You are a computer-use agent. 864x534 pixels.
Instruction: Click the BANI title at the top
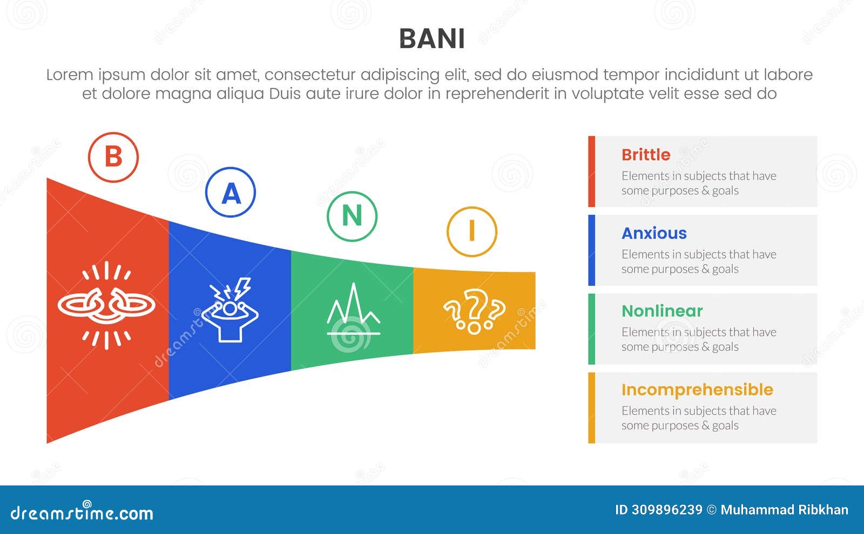click(431, 39)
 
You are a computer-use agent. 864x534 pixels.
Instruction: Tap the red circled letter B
click(113, 157)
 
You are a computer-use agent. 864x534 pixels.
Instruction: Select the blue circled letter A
click(231, 193)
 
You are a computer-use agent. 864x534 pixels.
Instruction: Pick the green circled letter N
click(352, 216)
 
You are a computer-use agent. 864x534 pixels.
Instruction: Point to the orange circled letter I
click(471, 231)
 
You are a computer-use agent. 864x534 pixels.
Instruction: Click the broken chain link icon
click(106, 305)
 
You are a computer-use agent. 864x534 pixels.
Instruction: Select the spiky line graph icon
click(353, 310)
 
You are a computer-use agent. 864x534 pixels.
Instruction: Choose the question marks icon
click(474, 312)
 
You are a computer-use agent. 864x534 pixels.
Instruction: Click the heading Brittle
click(646, 155)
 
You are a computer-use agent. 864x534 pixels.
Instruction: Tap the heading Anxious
click(654, 233)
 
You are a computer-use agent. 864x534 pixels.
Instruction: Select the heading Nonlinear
click(662, 311)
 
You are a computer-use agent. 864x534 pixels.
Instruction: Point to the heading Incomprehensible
click(697, 389)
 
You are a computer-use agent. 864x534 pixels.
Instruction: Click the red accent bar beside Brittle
click(592, 172)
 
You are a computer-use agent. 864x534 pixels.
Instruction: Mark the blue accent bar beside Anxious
click(592, 250)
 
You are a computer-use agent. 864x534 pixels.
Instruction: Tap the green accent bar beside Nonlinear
click(592, 329)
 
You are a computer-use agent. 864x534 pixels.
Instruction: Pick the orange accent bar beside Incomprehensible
click(592, 408)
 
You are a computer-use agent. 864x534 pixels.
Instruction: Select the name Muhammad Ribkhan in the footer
click(784, 510)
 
